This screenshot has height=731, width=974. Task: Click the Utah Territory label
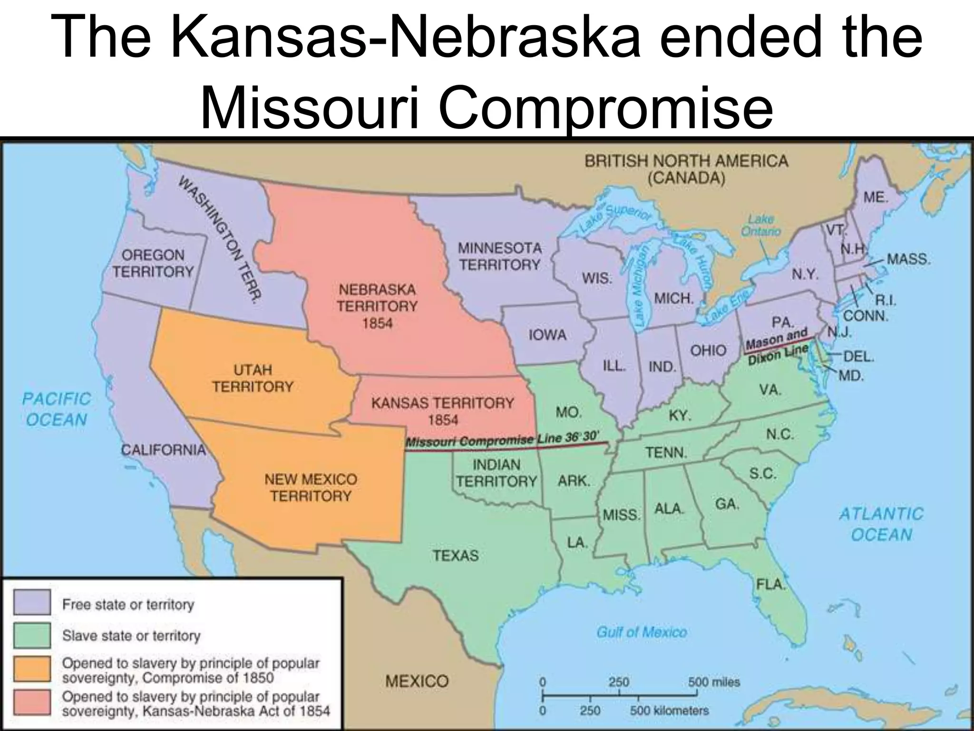[x=253, y=378]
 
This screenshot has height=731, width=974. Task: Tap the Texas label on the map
[x=456, y=555]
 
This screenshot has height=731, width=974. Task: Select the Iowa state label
[x=547, y=335]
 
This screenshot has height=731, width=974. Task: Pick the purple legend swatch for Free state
[x=32, y=602]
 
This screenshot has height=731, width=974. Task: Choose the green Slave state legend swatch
[x=32, y=635]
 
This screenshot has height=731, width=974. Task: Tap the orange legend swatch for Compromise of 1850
[x=32, y=669]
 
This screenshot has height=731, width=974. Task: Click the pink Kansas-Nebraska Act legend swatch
[x=32, y=702]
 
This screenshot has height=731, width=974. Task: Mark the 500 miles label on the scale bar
[x=713, y=682]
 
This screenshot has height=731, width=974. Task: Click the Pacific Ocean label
[x=57, y=409]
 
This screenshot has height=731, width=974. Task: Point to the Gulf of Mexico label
[x=642, y=632]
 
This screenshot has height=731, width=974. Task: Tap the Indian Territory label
[x=497, y=473]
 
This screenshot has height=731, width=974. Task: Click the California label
[x=163, y=449]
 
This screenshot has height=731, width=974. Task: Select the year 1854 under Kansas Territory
[x=443, y=420]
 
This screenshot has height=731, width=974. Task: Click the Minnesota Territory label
[x=499, y=256]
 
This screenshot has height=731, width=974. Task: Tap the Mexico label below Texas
[x=417, y=681]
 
